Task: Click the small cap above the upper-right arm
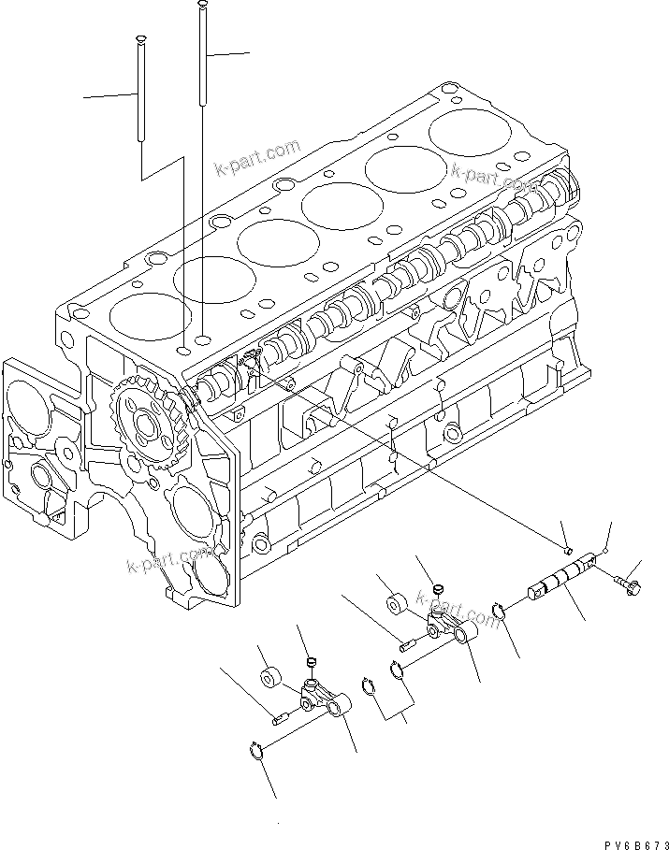436,591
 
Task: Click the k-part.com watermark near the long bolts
256,158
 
